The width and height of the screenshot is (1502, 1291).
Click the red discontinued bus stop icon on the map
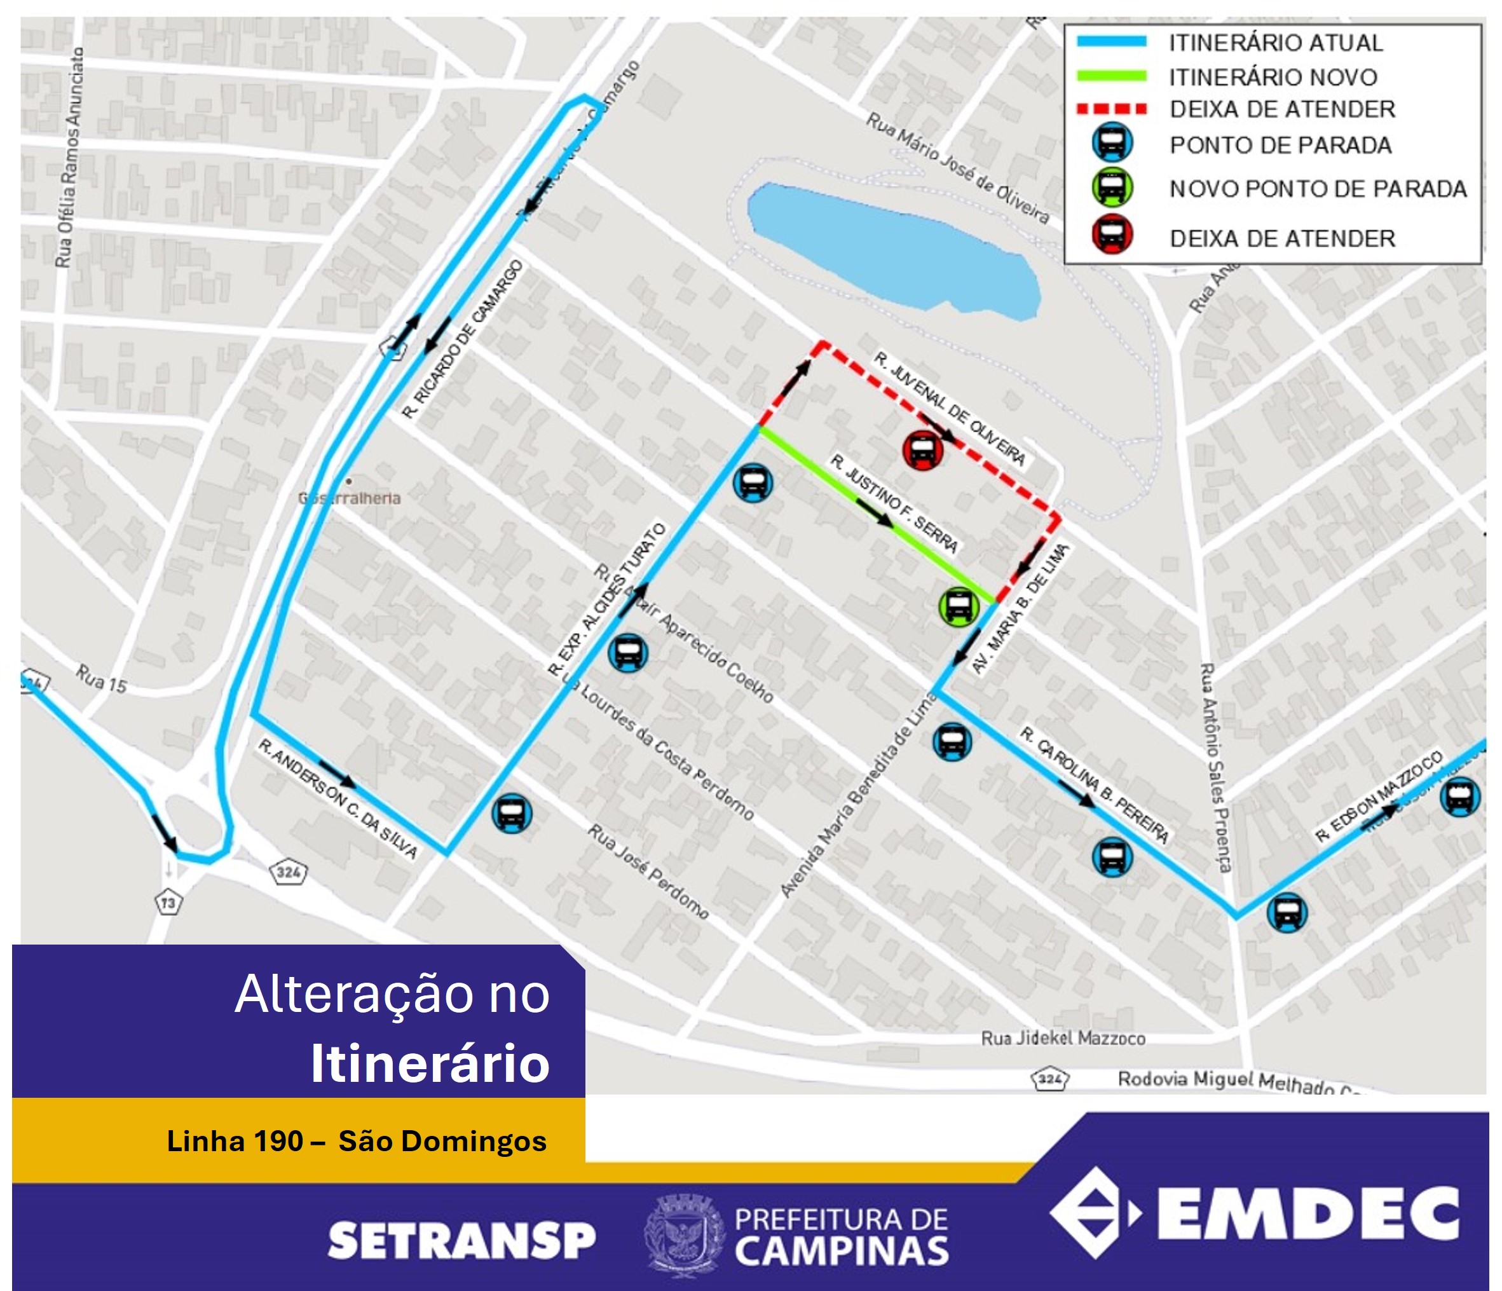point(922,449)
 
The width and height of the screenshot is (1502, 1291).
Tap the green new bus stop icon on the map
point(959,606)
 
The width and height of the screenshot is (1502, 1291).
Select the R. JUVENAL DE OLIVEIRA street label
point(950,409)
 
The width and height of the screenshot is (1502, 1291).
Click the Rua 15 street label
point(101,680)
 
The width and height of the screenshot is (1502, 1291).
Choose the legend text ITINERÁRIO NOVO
point(1272,77)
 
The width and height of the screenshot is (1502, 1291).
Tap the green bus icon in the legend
point(1112,187)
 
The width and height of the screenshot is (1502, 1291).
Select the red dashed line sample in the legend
point(1112,109)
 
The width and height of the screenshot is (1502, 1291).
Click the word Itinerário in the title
point(430,1063)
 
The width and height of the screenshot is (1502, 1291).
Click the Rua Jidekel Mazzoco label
point(1063,1039)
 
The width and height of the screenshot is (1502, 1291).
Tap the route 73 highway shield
point(168,903)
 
